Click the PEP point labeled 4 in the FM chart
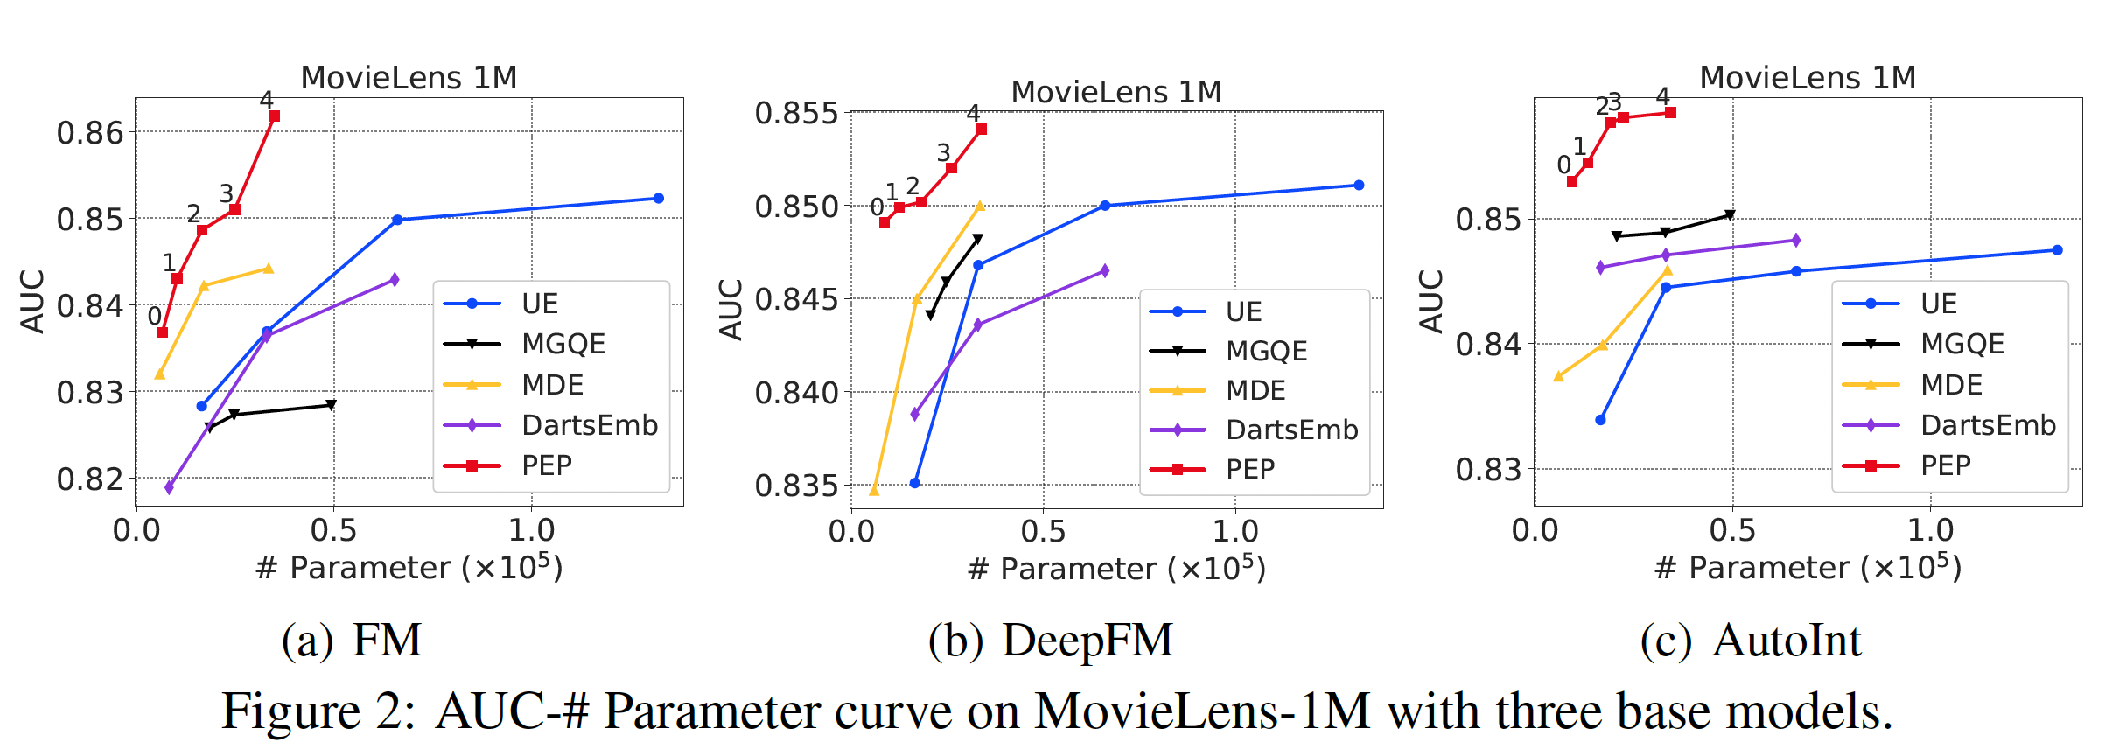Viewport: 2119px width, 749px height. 275,116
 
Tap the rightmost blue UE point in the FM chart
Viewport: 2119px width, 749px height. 659,199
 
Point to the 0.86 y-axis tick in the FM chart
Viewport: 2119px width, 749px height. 90,133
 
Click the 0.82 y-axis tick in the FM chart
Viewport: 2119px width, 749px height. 90,479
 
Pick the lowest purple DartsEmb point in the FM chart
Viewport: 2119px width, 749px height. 169,487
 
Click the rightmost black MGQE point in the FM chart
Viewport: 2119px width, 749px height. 331,405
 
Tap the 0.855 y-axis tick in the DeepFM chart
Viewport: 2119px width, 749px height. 796,114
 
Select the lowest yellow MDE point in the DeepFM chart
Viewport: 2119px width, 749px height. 874,491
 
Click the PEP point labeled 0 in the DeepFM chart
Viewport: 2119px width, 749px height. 885,222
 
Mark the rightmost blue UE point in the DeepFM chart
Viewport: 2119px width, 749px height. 1359,185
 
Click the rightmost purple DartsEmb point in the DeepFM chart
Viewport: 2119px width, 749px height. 1105,271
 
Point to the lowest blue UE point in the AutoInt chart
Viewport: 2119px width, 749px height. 1600,420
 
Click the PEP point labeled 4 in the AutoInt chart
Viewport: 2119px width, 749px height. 1670,113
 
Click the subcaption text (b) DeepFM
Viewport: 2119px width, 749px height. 1050,640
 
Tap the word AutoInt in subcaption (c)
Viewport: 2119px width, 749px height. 1787,640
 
